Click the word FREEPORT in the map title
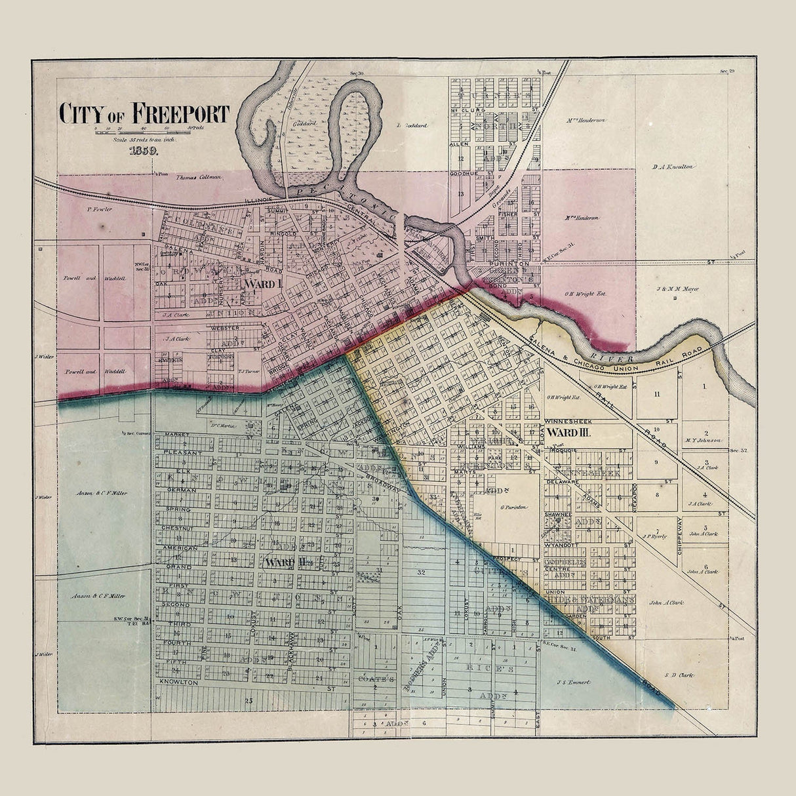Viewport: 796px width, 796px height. pyautogui.click(x=181, y=113)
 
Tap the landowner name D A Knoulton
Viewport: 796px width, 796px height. pyautogui.click(x=673, y=167)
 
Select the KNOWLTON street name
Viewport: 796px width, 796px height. pyautogui.click(x=178, y=683)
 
